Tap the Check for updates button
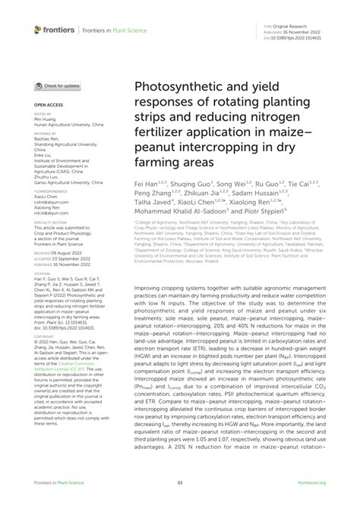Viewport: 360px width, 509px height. (56, 86)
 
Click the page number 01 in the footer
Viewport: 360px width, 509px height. (180, 482)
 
